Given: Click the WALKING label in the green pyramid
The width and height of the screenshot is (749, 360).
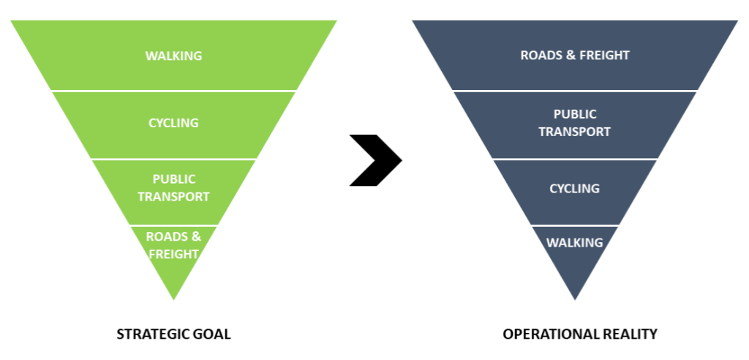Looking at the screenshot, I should click(x=173, y=56).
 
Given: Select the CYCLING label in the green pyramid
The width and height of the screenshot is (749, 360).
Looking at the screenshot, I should click(x=173, y=122).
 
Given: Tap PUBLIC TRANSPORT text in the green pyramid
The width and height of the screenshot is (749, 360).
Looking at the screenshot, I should click(x=173, y=187).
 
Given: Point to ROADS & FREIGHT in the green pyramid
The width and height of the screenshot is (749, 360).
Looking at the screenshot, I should click(x=173, y=245).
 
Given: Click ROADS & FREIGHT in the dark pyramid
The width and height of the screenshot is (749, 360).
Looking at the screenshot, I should click(x=575, y=55).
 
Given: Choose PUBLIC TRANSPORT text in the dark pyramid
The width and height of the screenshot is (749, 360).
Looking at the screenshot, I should click(x=575, y=123).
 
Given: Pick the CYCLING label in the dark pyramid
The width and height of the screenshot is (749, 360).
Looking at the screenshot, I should click(x=575, y=188).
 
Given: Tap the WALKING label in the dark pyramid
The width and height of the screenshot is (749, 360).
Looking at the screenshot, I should click(x=575, y=242).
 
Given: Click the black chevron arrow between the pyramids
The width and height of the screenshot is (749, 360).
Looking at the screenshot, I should click(x=375, y=160).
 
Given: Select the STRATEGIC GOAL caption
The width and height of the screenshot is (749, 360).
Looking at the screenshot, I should click(x=173, y=334).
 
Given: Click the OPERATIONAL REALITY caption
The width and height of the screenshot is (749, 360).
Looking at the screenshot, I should click(x=580, y=334).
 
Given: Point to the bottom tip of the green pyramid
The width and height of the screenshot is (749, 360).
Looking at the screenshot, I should click(x=173, y=297).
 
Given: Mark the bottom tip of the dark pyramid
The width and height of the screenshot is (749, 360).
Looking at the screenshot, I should click(x=575, y=297).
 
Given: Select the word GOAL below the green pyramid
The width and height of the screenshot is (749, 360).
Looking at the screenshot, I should click(x=213, y=334).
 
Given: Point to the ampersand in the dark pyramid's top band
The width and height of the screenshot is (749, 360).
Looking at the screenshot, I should click(x=571, y=55).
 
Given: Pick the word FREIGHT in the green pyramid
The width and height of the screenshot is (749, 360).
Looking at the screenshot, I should click(x=173, y=254).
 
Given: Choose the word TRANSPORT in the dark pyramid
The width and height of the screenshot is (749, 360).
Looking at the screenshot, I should click(x=575, y=132).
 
